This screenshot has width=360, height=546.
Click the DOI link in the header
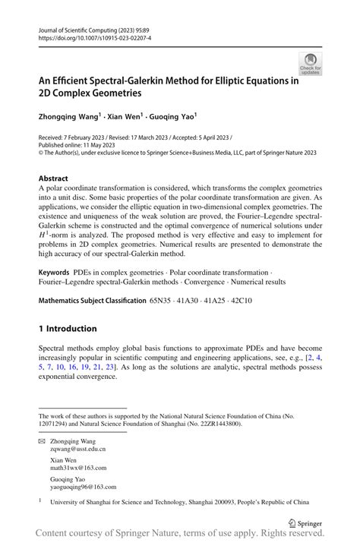87,36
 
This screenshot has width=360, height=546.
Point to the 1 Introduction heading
68,329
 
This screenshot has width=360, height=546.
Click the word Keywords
55,271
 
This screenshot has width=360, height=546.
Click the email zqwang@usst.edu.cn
77,449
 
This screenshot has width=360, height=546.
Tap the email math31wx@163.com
77,469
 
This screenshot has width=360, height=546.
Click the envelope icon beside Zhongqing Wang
42,440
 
